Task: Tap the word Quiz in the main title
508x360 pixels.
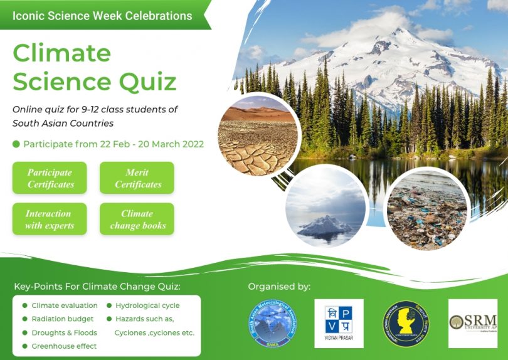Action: coord(145,82)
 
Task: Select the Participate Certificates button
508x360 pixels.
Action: coord(50,178)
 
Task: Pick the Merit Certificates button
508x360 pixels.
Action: coord(137,178)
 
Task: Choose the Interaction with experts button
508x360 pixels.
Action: coord(50,220)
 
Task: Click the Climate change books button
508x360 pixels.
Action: coord(137,220)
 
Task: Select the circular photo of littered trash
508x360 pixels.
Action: coord(426,209)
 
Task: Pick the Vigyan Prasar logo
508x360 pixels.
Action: coord(339,323)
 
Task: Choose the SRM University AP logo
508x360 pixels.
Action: coord(473,322)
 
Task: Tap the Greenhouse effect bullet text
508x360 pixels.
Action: coord(64,346)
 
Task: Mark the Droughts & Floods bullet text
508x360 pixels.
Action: coord(64,332)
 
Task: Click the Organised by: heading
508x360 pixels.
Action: coord(279,287)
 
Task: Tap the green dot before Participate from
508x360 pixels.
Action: coord(16,144)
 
